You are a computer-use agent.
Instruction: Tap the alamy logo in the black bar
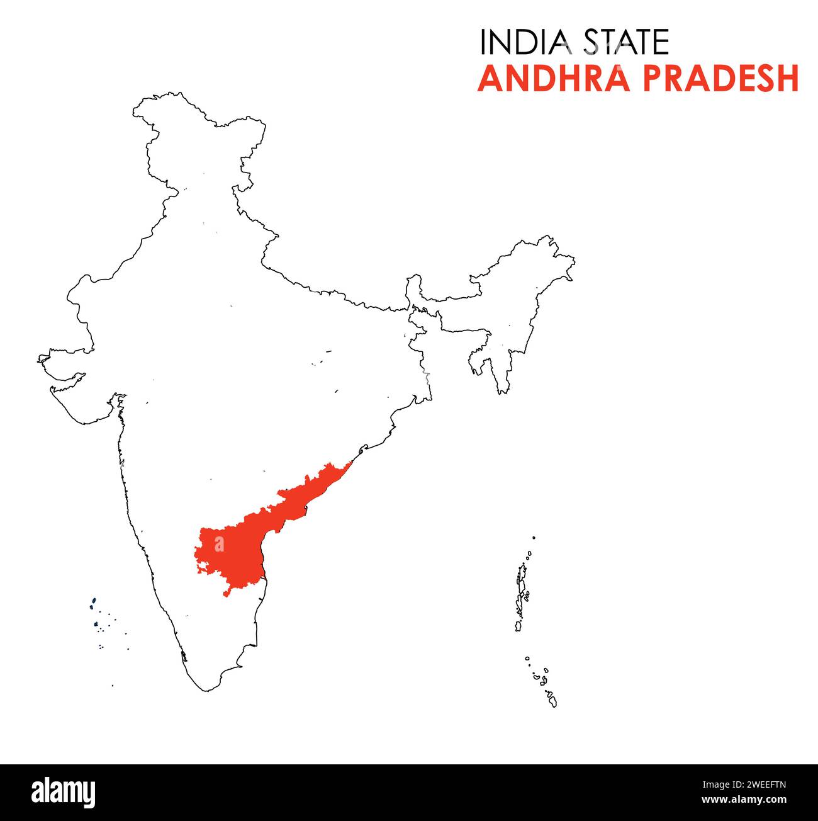click(x=64, y=791)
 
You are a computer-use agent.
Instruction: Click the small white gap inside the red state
click(x=219, y=543)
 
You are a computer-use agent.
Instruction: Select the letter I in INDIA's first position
click(x=483, y=42)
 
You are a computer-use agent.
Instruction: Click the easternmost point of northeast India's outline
click(x=574, y=259)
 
